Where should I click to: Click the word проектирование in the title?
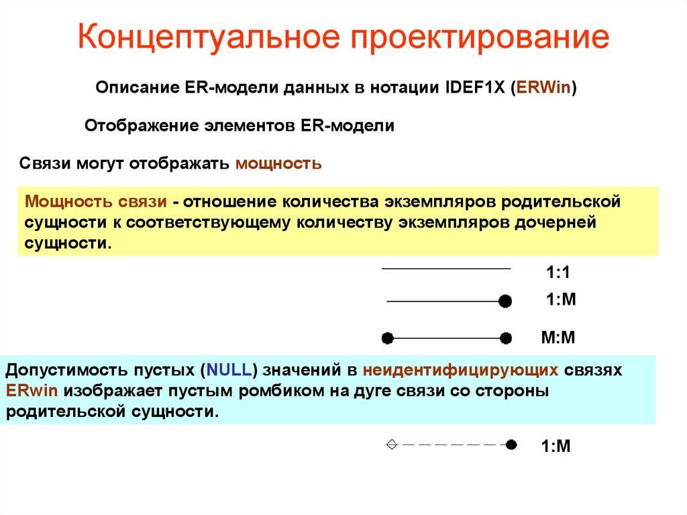482,40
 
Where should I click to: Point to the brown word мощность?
278,163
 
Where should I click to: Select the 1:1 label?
558,273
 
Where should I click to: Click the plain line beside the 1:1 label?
445,269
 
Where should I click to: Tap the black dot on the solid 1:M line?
506,301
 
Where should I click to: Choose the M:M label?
558,336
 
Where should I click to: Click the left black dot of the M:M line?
386,338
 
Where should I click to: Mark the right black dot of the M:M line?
506,338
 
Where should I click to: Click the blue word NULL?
230,370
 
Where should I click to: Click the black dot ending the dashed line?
511,444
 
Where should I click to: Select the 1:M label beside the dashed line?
556,447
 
